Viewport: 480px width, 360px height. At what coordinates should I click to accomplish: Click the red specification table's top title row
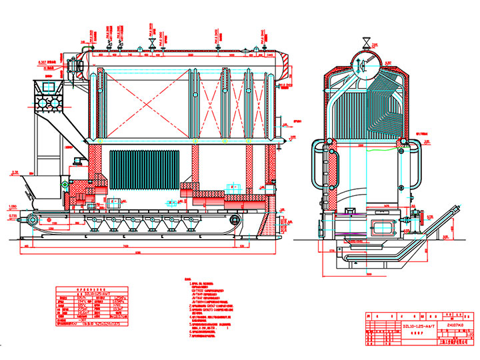89,291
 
